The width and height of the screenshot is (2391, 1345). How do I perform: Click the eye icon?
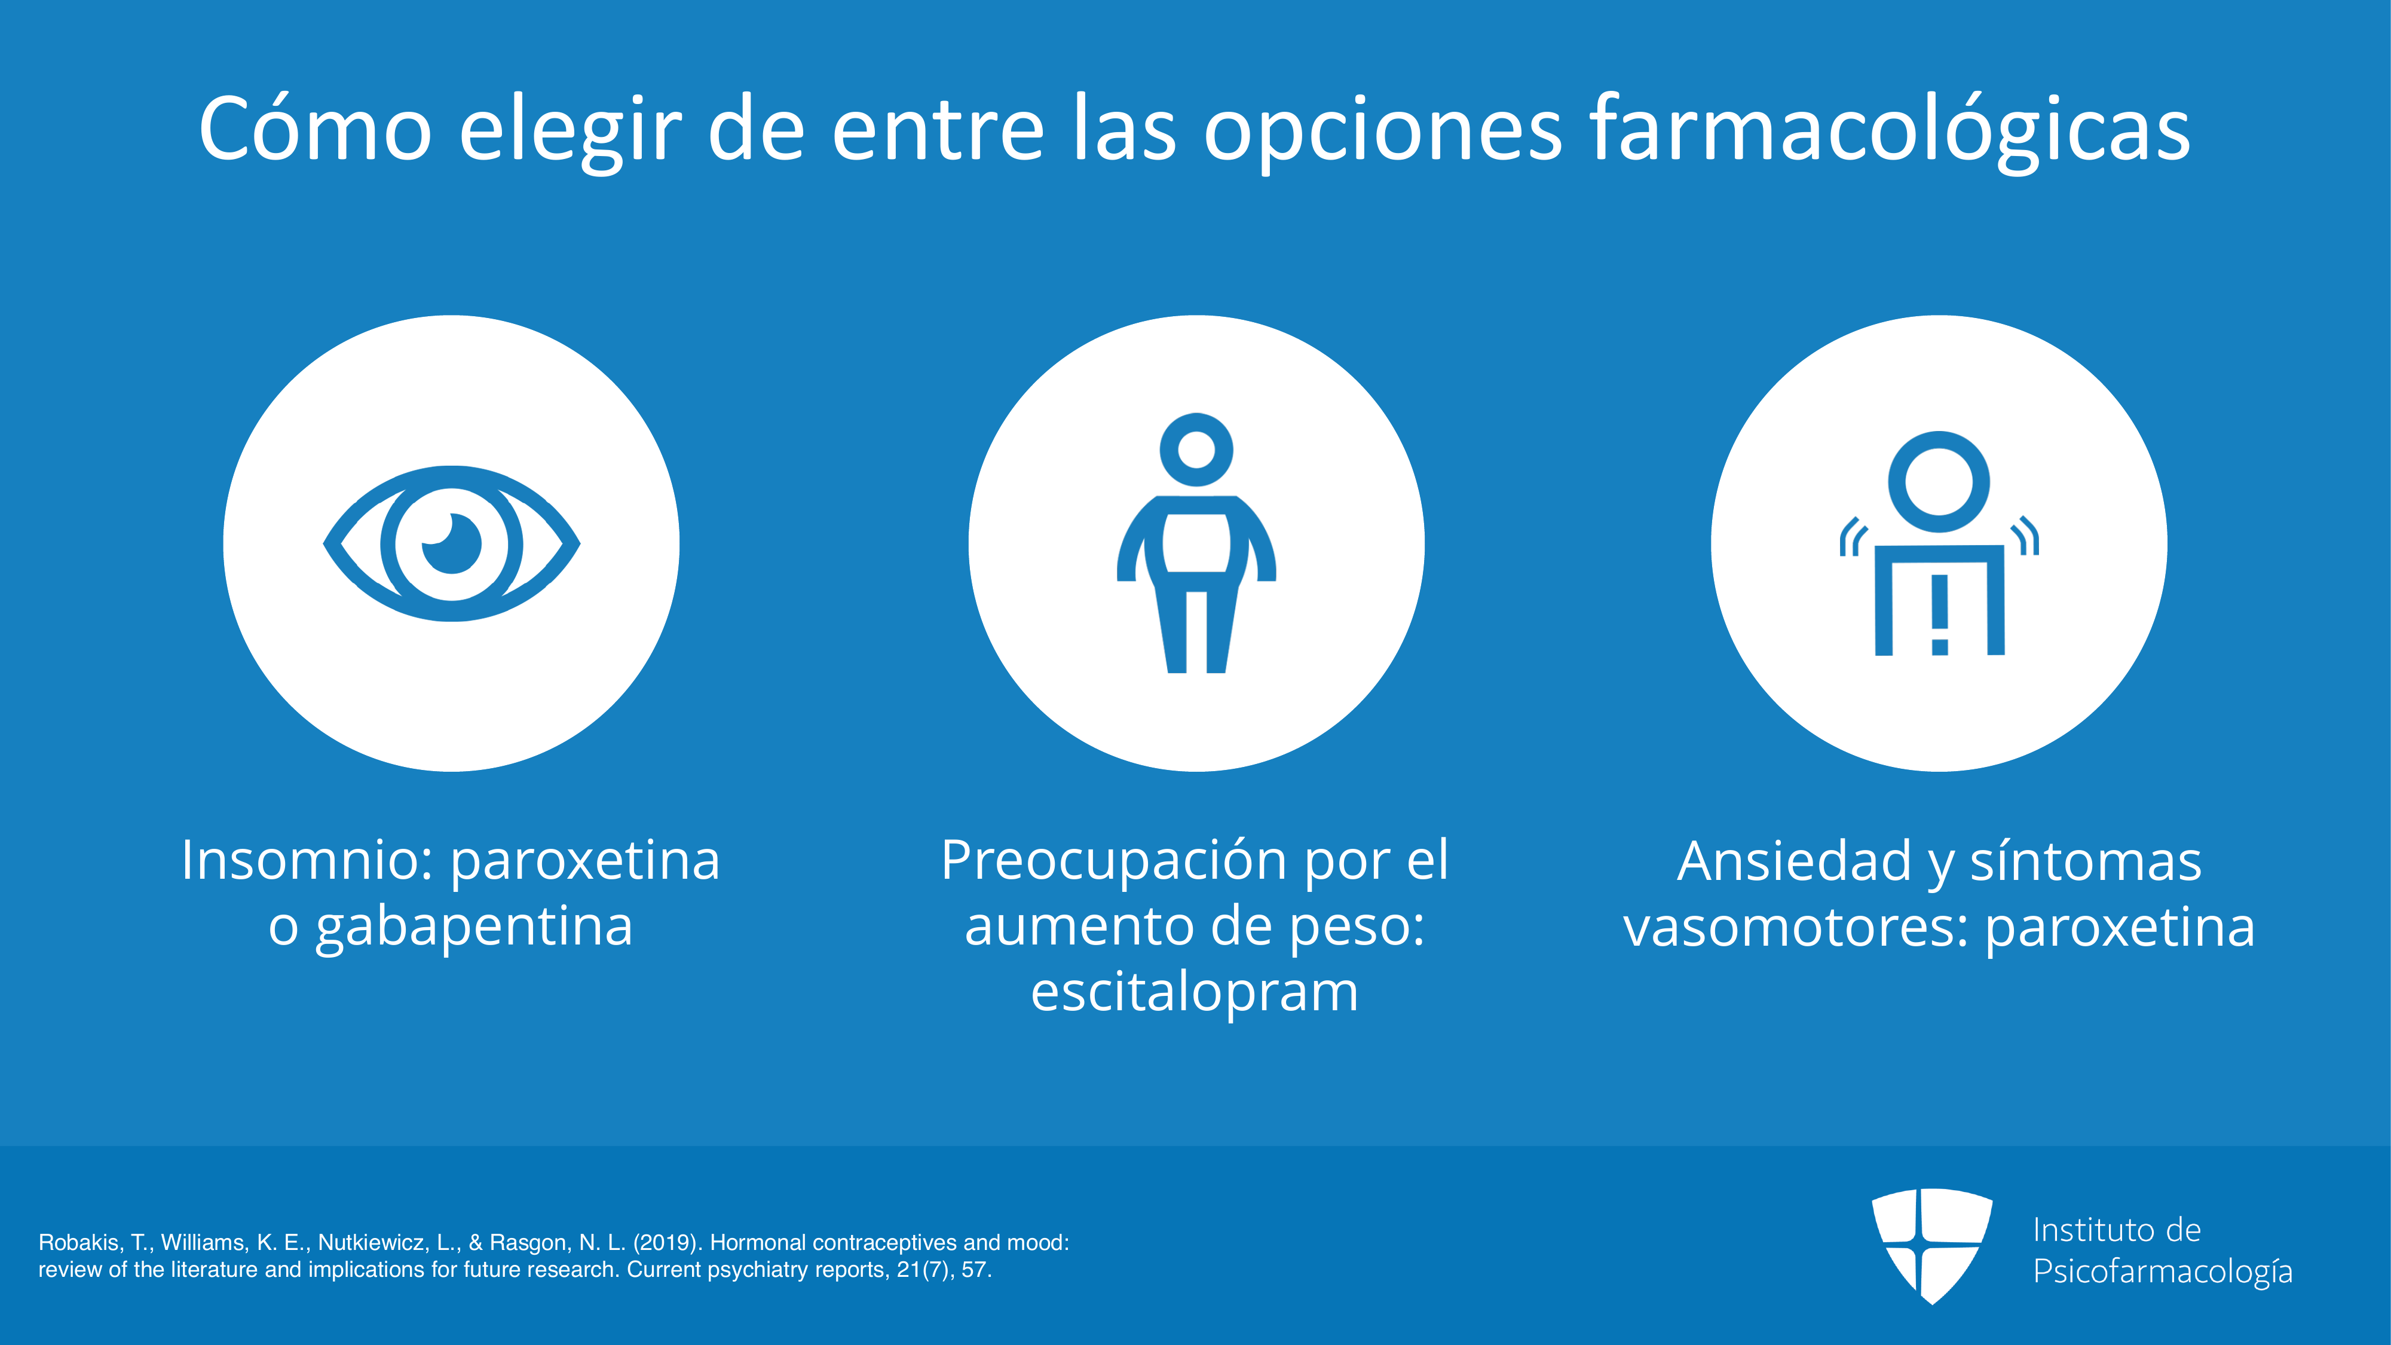tap(452, 543)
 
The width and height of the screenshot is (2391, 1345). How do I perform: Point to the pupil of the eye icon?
tap(452, 543)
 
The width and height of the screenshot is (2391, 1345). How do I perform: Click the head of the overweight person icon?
tap(1196, 450)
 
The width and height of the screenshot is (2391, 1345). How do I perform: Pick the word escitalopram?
tap(1195, 993)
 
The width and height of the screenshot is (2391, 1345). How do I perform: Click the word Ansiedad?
tap(1794, 860)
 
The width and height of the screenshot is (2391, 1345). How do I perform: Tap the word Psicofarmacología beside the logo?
tap(2163, 1271)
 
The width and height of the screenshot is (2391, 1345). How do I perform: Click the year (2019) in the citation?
tap(668, 1243)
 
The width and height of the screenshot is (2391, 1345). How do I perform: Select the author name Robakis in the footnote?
tap(81, 1243)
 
